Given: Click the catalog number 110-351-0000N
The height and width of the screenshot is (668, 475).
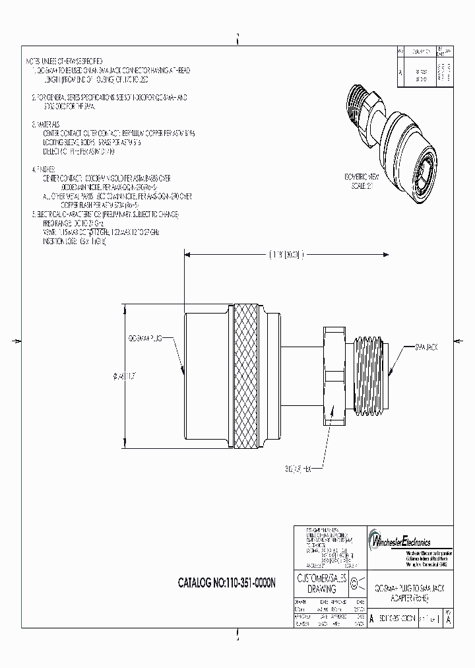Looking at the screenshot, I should pos(228,583).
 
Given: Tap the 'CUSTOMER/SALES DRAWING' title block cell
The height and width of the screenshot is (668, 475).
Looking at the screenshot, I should pos(318,584).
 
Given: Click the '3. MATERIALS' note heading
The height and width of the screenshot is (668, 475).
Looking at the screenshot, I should pos(48,124).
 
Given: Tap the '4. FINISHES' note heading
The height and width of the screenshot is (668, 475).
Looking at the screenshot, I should pos(46,169).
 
